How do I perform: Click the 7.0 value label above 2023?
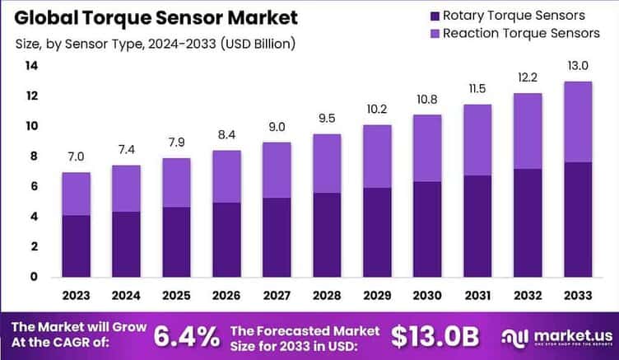[76, 157]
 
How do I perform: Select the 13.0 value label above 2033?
[579, 67]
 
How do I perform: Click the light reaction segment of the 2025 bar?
[177, 183]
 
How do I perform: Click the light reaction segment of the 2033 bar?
[579, 122]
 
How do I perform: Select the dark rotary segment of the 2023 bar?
[76, 245]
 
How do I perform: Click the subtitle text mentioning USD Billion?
[153, 43]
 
